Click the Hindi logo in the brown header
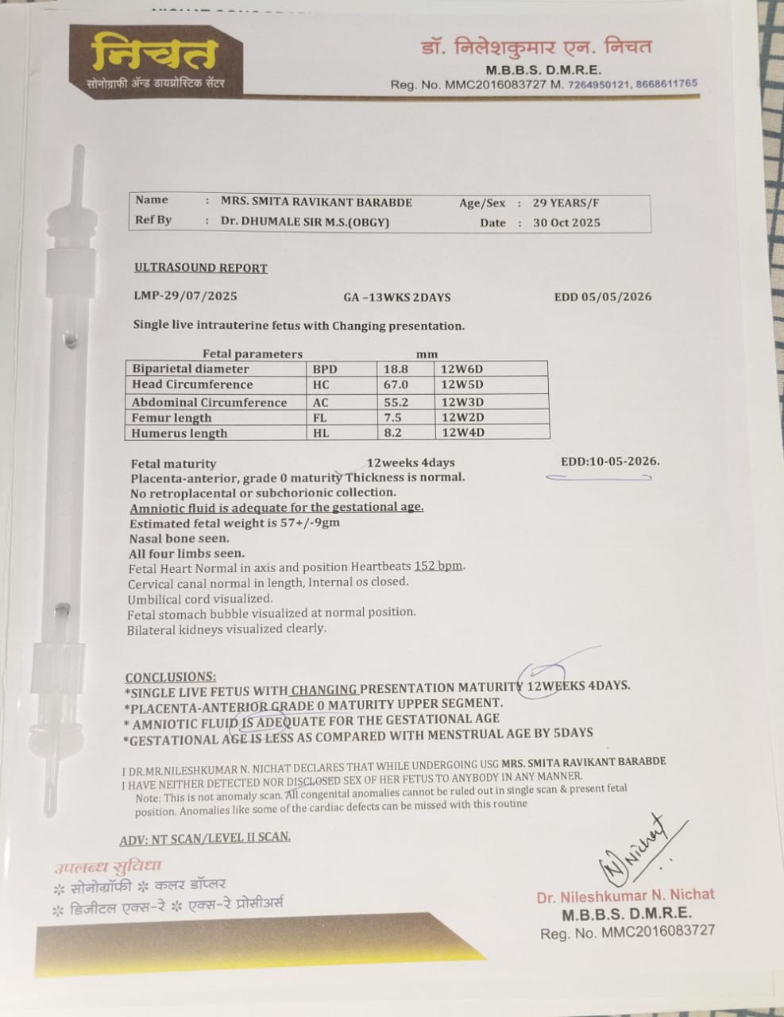pos(154,55)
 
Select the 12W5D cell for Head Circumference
pos(462,385)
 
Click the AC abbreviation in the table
pos(320,402)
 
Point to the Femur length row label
pos(172,418)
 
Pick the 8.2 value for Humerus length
pos(395,433)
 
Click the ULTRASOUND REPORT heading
pos(201,268)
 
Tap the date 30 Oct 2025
pos(566,223)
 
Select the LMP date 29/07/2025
pos(185,296)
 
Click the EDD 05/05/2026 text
pos(603,297)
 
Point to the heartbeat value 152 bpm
pos(438,567)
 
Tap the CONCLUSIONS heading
pos(170,677)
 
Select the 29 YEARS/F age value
pos(566,203)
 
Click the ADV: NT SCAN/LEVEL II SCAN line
pos(205,837)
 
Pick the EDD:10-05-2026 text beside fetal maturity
pos(610,461)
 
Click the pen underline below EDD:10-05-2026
pos(598,478)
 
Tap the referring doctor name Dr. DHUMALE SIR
pos(305,222)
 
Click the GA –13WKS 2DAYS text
pos(397,297)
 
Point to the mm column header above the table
pos(427,354)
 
